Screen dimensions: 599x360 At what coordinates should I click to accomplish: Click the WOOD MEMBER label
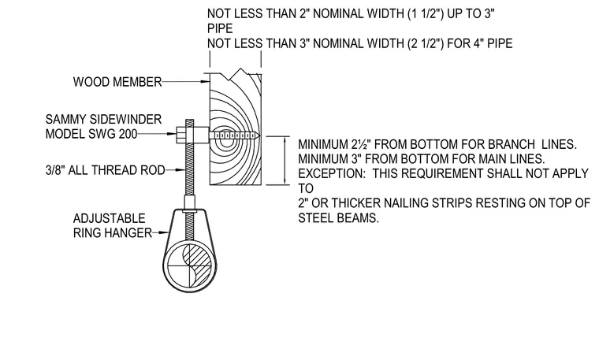click(117, 82)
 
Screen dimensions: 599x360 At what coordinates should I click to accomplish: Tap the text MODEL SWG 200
click(91, 134)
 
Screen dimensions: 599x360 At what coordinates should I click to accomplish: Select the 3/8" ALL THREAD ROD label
click(105, 170)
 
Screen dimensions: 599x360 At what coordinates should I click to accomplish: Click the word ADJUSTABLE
click(110, 218)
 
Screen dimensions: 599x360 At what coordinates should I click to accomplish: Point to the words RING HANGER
click(112, 233)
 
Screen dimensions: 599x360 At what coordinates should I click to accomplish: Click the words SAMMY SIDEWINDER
click(103, 119)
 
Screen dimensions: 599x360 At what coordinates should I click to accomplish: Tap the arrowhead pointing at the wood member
click(206, 81)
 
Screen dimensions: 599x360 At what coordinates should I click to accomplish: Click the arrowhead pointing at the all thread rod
click(181, 170)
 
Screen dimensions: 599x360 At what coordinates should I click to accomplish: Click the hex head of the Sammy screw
click(181, 135)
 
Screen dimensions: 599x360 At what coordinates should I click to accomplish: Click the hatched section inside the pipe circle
click(198, 264)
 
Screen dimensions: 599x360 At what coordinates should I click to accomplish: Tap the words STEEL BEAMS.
click(338, 218)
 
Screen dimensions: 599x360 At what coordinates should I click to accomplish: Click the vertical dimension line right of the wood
click(285, 161)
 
